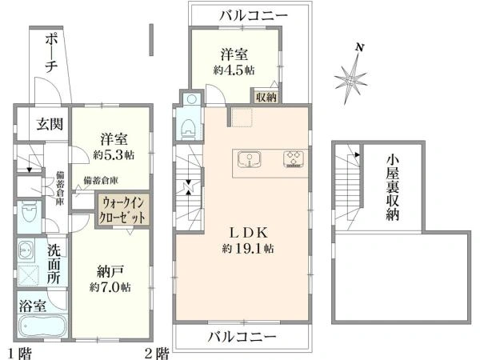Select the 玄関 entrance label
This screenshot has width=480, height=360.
coord(46,124)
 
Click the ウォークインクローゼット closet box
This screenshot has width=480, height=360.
coord(122,211)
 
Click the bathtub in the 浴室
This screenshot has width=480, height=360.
coord(39,330)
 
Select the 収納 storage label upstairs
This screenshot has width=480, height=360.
coord(267,98)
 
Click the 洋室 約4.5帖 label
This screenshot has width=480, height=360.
coord(234,62)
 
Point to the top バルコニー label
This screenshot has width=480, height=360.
coord(246,14)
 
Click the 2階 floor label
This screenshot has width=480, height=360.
coord(158,352)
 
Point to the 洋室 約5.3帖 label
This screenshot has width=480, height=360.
coord(112,144)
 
